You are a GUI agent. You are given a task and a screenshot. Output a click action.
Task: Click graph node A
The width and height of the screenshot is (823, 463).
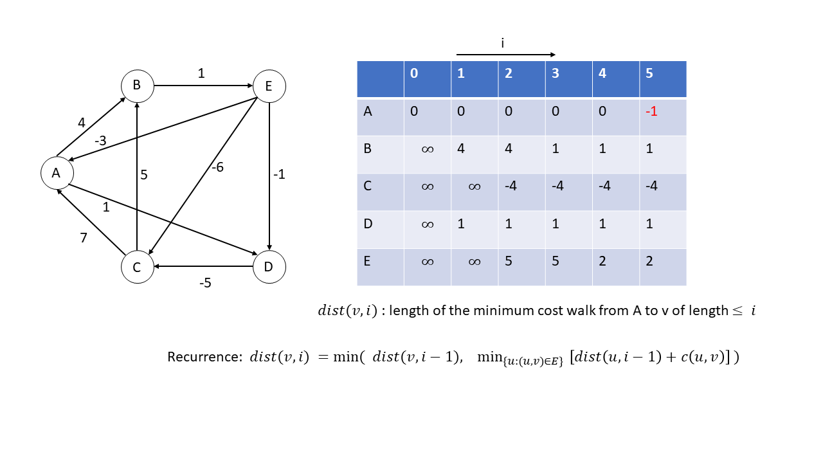coord(57,173)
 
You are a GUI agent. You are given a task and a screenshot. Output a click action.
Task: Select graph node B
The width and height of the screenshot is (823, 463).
coord(138,86)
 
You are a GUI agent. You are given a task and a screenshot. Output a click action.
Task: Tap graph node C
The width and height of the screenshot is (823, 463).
coord(138,267)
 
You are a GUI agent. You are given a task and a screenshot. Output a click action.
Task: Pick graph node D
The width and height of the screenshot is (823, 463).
coord(269,267)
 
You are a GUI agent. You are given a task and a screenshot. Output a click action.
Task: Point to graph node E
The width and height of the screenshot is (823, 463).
coord(269,86)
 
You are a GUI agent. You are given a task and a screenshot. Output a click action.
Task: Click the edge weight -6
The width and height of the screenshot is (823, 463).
coord(217,167)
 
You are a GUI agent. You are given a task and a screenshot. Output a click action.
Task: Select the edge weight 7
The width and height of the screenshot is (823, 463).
coord(84,238)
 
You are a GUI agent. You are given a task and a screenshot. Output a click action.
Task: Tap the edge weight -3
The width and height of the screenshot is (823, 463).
coord(100,140)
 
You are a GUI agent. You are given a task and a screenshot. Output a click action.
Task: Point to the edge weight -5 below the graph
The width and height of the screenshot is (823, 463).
coord(205,282)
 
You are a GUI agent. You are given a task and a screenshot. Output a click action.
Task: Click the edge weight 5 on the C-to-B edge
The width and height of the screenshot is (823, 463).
coord(143,174)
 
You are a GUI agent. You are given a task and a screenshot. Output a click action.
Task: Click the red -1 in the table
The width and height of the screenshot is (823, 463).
coord(651,111)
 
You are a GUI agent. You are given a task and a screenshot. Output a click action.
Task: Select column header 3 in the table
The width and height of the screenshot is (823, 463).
coord(555,73)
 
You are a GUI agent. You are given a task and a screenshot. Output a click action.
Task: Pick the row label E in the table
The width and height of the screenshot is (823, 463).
coord(366,261)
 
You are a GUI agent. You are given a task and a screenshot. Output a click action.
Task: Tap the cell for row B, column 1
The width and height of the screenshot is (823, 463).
coord(475,155)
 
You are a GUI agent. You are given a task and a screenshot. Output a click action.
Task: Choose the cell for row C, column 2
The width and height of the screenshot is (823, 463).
coord(521,192)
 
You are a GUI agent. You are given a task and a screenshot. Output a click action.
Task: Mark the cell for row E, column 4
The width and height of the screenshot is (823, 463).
coord(616,267)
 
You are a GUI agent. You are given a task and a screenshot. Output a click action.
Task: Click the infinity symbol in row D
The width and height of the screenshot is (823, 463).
coord(428,224)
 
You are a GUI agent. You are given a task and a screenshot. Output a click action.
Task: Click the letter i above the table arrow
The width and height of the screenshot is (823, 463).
coord(503,43)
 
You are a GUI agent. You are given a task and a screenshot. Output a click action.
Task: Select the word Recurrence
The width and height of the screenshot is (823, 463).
coord(204,357)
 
